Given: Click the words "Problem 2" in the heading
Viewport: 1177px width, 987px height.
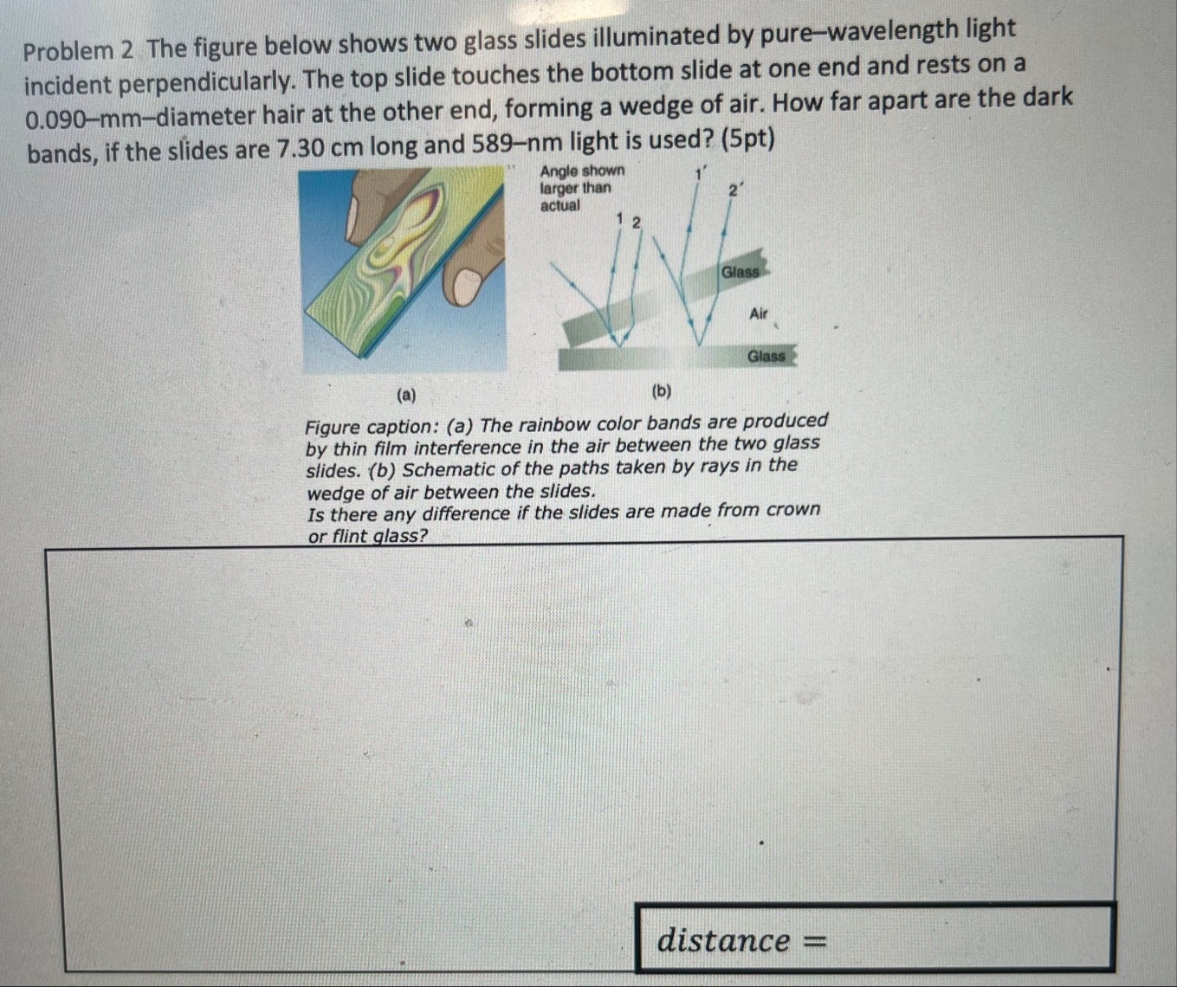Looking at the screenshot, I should pos(78,50).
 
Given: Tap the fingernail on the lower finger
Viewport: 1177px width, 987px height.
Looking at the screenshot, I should pos(467,285).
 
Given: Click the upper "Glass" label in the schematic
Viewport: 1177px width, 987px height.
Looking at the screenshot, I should pos(740,272).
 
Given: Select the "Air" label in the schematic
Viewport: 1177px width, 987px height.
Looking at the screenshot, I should pos(759,313).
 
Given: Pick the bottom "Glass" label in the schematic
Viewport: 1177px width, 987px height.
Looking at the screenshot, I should pos(766,356).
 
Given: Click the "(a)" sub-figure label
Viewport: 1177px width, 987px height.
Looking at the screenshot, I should pos(405,396).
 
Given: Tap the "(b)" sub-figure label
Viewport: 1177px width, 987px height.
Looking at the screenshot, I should pos(661,391).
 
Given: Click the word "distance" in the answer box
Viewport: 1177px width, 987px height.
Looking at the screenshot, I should pos(723,939).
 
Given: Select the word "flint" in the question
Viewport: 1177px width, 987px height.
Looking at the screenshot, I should pos(349,536).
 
